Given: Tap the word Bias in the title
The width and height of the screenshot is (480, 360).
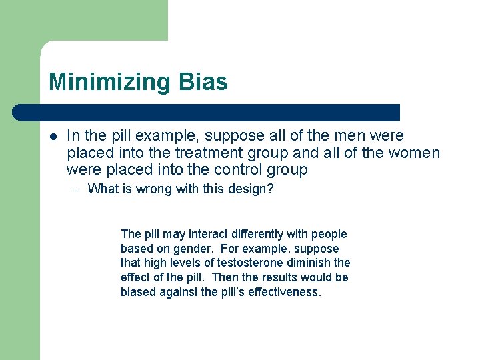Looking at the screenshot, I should (x=203, y=82).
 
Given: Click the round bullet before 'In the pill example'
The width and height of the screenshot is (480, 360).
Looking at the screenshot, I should (x=53, y=137).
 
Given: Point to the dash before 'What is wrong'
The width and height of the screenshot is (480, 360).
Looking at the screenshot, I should (x=76, y=190).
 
